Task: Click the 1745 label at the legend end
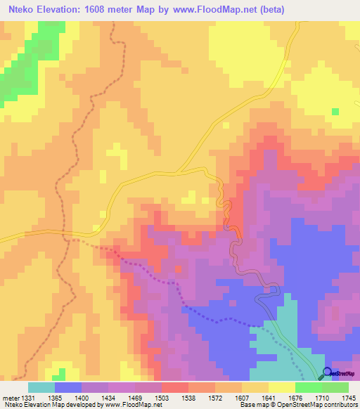(x=347, y=398)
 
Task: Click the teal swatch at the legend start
(x=41, y=387)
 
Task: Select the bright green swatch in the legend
(x=308, y=387)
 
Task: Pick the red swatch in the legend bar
(x=175, y=387)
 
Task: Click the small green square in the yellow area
(x=335, y=111)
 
